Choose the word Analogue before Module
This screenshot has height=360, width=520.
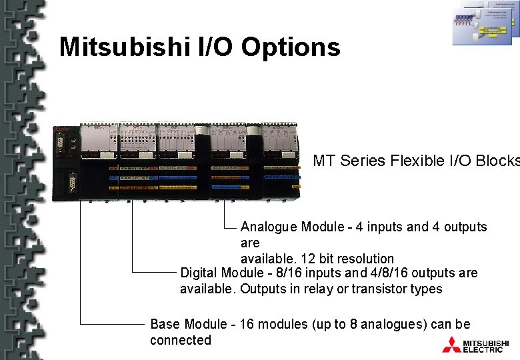(269, 227)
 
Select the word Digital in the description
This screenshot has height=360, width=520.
(199, 273)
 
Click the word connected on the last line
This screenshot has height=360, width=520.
(180, 341)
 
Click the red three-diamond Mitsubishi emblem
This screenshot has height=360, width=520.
(451, 345)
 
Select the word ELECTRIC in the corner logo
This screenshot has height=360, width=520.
(483, 349)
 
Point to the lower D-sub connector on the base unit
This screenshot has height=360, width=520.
(69, 182)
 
